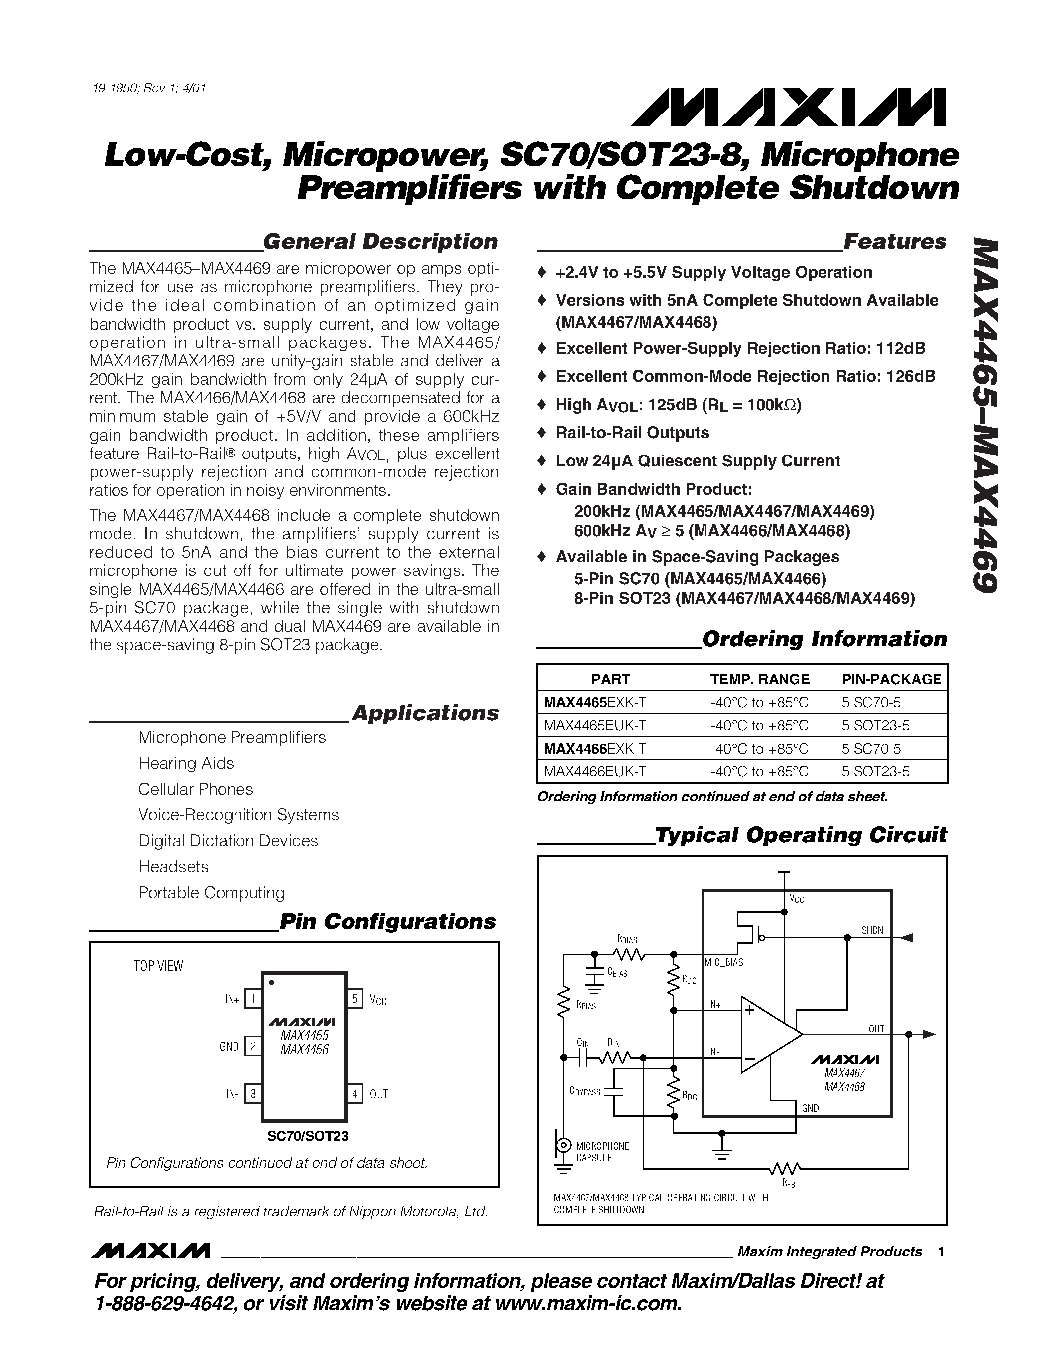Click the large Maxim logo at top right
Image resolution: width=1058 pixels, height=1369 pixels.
[789, 108]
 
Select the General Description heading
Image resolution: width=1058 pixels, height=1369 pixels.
[380, 242]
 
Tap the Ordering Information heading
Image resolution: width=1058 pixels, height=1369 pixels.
[824, 639]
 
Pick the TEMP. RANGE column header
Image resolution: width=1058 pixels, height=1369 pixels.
[759, 679]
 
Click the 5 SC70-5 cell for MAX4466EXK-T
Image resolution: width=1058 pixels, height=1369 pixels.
[871, 748]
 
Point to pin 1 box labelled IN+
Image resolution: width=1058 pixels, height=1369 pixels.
[252, 999]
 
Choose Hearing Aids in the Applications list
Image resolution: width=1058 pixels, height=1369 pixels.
[186, 763]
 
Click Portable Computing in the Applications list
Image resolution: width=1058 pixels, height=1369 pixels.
[211, 892]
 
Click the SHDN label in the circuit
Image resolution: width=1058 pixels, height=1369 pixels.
[872, 931]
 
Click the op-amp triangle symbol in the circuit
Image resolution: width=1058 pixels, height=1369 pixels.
[767, 1034]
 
